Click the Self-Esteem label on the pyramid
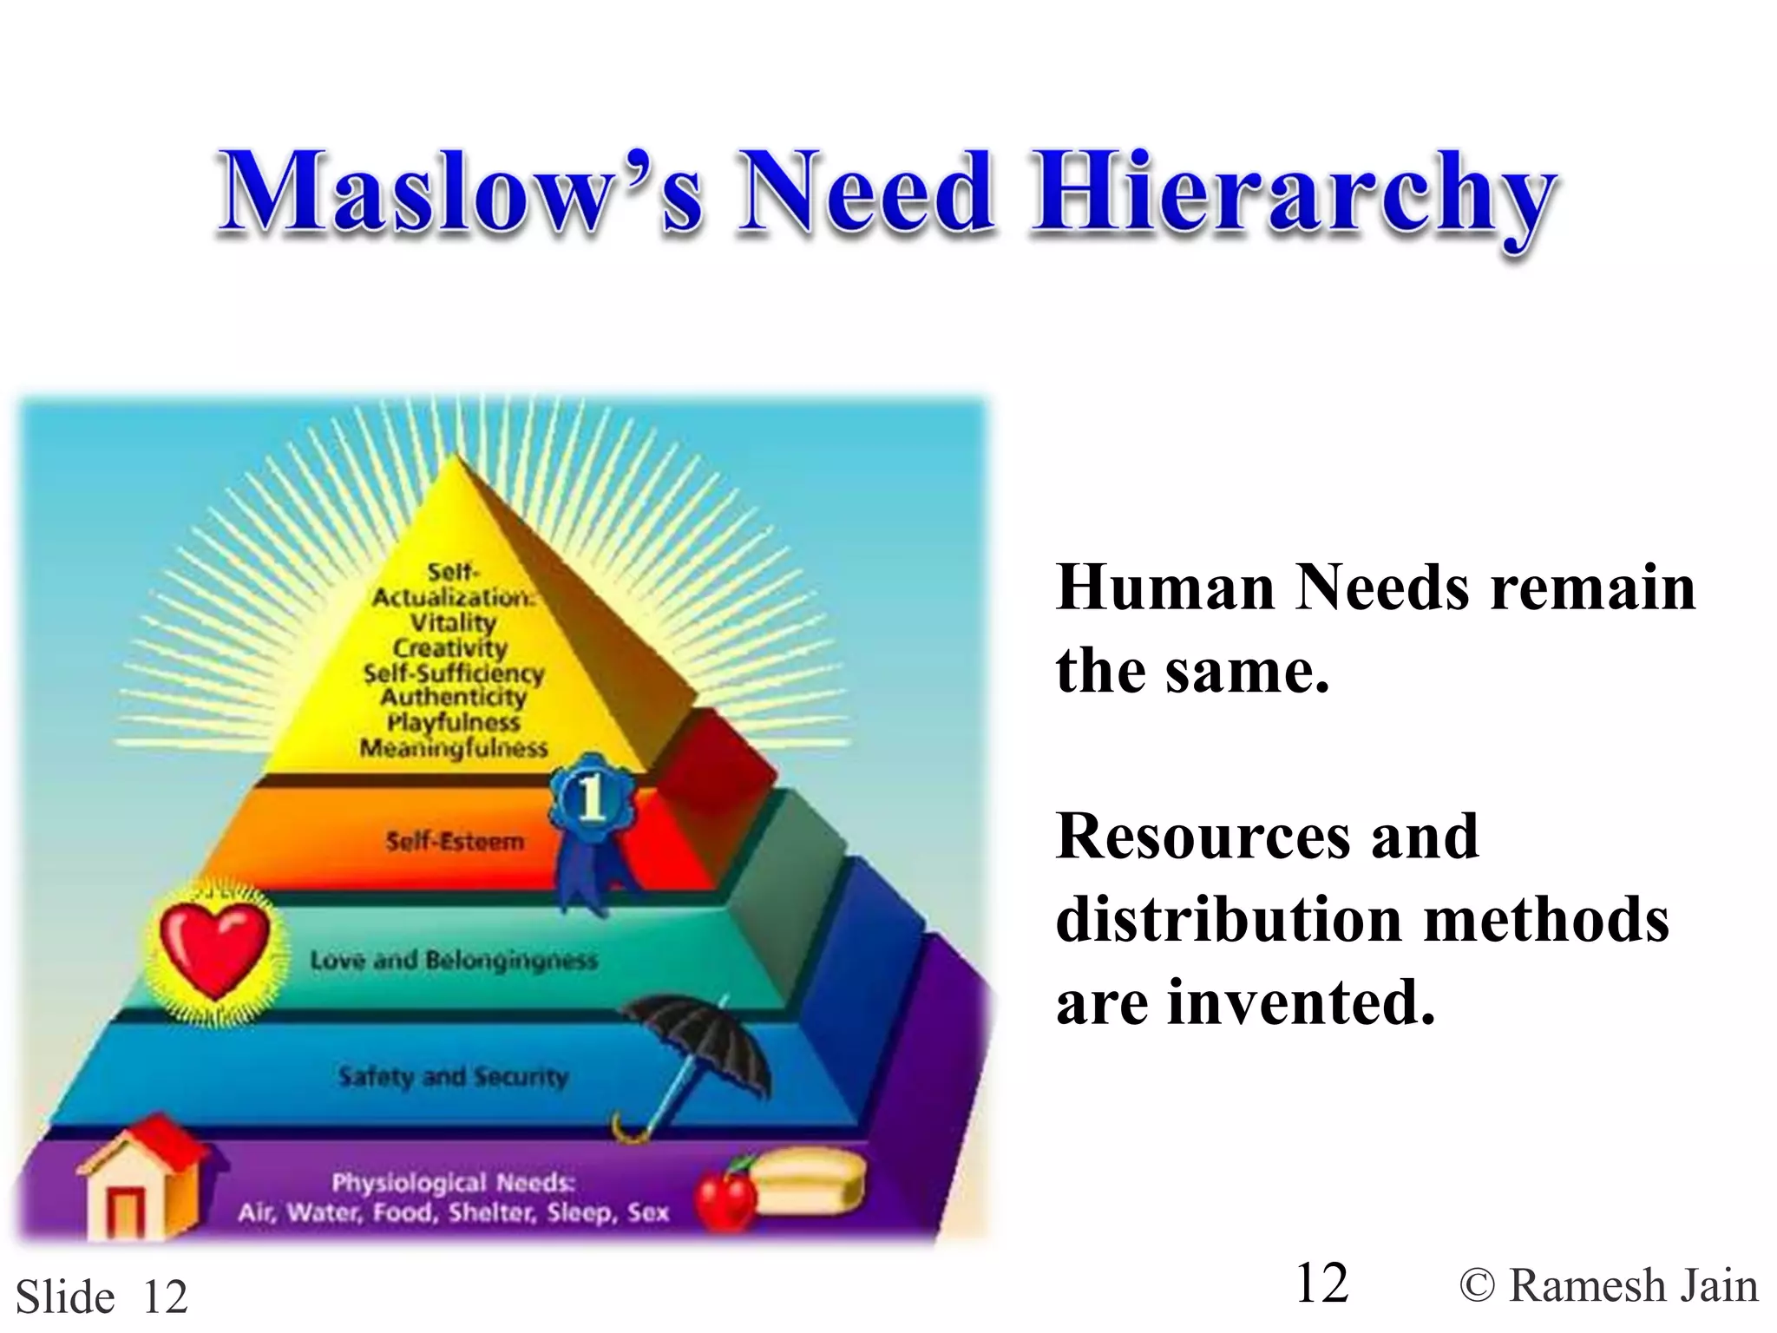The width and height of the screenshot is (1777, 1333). (455, 841)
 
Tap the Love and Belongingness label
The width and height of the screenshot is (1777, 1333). (454, 960)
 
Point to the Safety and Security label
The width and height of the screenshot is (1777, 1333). (453, 1077)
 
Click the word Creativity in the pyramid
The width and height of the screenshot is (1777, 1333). (449, 647)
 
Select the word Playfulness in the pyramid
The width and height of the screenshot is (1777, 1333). (453, 722)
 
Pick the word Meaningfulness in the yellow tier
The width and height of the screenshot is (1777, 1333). (454, 747)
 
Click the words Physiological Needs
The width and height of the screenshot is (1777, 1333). (453, 1183)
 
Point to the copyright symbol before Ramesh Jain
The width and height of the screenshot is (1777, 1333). (1477, 1286)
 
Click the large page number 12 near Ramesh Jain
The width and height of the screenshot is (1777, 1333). (1321, 1283)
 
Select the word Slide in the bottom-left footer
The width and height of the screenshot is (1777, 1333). (65, 1297)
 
